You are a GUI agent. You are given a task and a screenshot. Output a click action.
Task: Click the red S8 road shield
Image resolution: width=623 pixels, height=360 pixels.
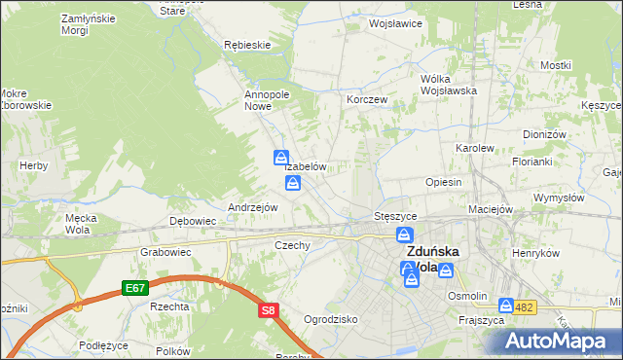269,310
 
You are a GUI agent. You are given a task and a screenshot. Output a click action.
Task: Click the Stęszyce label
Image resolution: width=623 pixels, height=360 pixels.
395,215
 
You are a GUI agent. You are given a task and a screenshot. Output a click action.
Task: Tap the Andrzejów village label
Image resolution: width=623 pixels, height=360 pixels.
253,207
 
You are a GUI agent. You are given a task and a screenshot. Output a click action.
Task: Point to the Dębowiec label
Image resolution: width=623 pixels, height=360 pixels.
193,221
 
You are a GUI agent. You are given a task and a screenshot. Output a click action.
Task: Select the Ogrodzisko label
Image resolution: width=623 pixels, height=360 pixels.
331,318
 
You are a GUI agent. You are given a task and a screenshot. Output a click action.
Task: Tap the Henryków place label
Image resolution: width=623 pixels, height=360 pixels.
537,253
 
